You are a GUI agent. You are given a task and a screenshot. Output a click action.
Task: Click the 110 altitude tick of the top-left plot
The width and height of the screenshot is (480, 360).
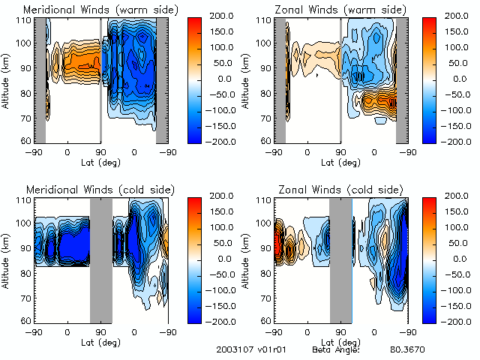25,20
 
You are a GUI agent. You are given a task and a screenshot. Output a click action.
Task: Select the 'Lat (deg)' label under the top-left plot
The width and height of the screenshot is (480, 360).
101,161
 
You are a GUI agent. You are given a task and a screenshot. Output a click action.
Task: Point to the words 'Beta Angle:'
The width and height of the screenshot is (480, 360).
336,350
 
